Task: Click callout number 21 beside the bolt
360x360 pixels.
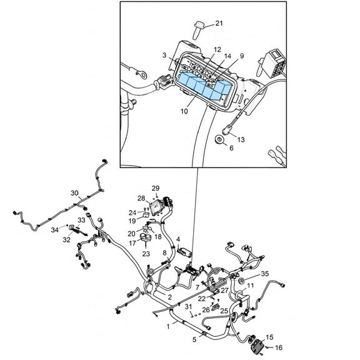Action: click(x=219, y=23)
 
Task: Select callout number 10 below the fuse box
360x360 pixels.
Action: click(x=184, y=111)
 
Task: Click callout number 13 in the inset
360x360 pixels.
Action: click(x=241, y=139)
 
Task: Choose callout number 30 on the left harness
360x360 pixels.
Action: click(x=74, y=193)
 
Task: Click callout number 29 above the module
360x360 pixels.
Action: click(x=156, y=188)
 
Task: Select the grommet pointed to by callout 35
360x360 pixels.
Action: click(x=241, y=280)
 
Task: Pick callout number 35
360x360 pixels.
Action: click(x=265, y=274)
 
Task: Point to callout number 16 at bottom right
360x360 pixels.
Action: click(x=279, y=347)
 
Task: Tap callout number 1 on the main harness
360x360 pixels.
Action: click(x=168, y=326)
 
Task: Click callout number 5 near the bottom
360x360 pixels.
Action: click(x=194, y=339)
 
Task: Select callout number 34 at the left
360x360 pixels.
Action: click(x=54, y=229)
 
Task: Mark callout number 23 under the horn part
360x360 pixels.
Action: click(x=146, y=254)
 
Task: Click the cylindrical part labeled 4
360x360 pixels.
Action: click(x=185, y=252)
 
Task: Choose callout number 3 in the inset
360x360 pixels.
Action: click(x=164, y=56)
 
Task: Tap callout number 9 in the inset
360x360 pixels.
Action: click(x=242, y=56)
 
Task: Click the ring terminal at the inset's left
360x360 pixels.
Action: click(x=142, y=74)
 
